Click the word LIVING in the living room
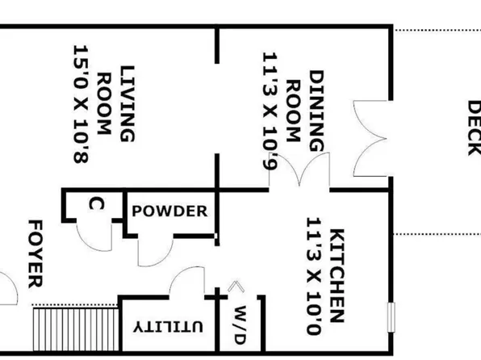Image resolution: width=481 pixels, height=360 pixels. (x=128, y=104)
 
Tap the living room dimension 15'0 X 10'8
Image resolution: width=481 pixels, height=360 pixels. (x=81, y=104)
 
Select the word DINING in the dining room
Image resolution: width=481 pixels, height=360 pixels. (x=316, y=111)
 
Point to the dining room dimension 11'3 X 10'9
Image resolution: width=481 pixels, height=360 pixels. (x=270, y=111)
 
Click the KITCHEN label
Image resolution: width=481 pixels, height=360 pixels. (x=337, y=275)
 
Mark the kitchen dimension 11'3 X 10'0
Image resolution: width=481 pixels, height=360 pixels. (x=314, y=276)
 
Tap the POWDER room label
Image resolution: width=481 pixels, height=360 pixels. (x=169, y=211)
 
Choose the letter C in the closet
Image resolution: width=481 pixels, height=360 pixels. (x=96, y=204)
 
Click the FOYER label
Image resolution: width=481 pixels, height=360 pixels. (x=36, y=253)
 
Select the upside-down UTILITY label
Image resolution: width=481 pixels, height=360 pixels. (x=168, y=327)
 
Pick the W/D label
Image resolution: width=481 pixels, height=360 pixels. (x=240, y=325)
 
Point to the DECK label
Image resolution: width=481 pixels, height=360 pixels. (x=474, y=128)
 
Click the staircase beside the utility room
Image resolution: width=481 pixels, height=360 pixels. (x=76, y=329)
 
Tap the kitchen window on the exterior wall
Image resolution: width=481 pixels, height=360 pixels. (x=391, y=317)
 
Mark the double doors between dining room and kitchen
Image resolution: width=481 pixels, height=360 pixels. (x=299, y=170)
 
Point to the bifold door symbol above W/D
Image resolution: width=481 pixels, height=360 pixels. (x=236, y=286)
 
